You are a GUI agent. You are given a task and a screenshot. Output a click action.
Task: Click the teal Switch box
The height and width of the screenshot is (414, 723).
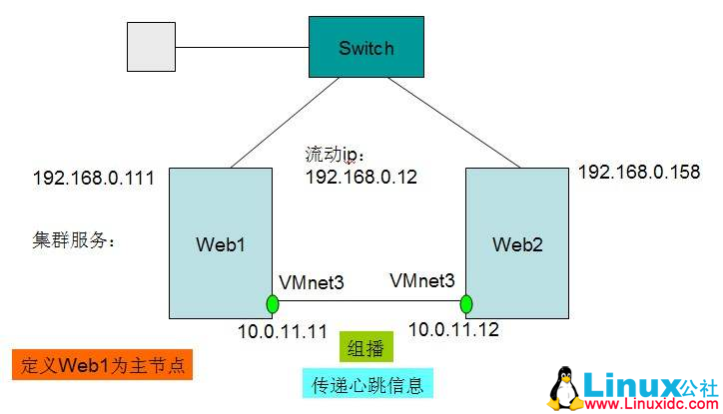pos(365,47)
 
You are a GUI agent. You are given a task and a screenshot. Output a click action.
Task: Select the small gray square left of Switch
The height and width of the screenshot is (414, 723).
pos(152,48)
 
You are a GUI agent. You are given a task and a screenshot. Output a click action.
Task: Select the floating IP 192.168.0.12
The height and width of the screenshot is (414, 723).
pos(361,177)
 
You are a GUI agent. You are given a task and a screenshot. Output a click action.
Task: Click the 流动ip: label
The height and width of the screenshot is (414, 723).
pos(338,156)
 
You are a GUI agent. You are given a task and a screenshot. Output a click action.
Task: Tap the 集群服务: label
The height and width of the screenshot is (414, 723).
pos(73,239)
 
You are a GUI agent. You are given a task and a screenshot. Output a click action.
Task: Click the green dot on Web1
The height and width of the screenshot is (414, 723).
pos(272,303)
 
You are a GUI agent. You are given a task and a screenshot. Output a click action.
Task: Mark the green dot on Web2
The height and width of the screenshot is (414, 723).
pos(465,303)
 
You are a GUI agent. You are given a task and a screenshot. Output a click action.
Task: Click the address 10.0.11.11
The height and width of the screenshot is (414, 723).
pos(283,330)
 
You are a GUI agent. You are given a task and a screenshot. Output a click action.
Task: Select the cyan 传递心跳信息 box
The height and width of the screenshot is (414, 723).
pos(367,382)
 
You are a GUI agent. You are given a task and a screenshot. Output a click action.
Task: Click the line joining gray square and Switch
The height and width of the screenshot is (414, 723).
pos(241,47)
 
